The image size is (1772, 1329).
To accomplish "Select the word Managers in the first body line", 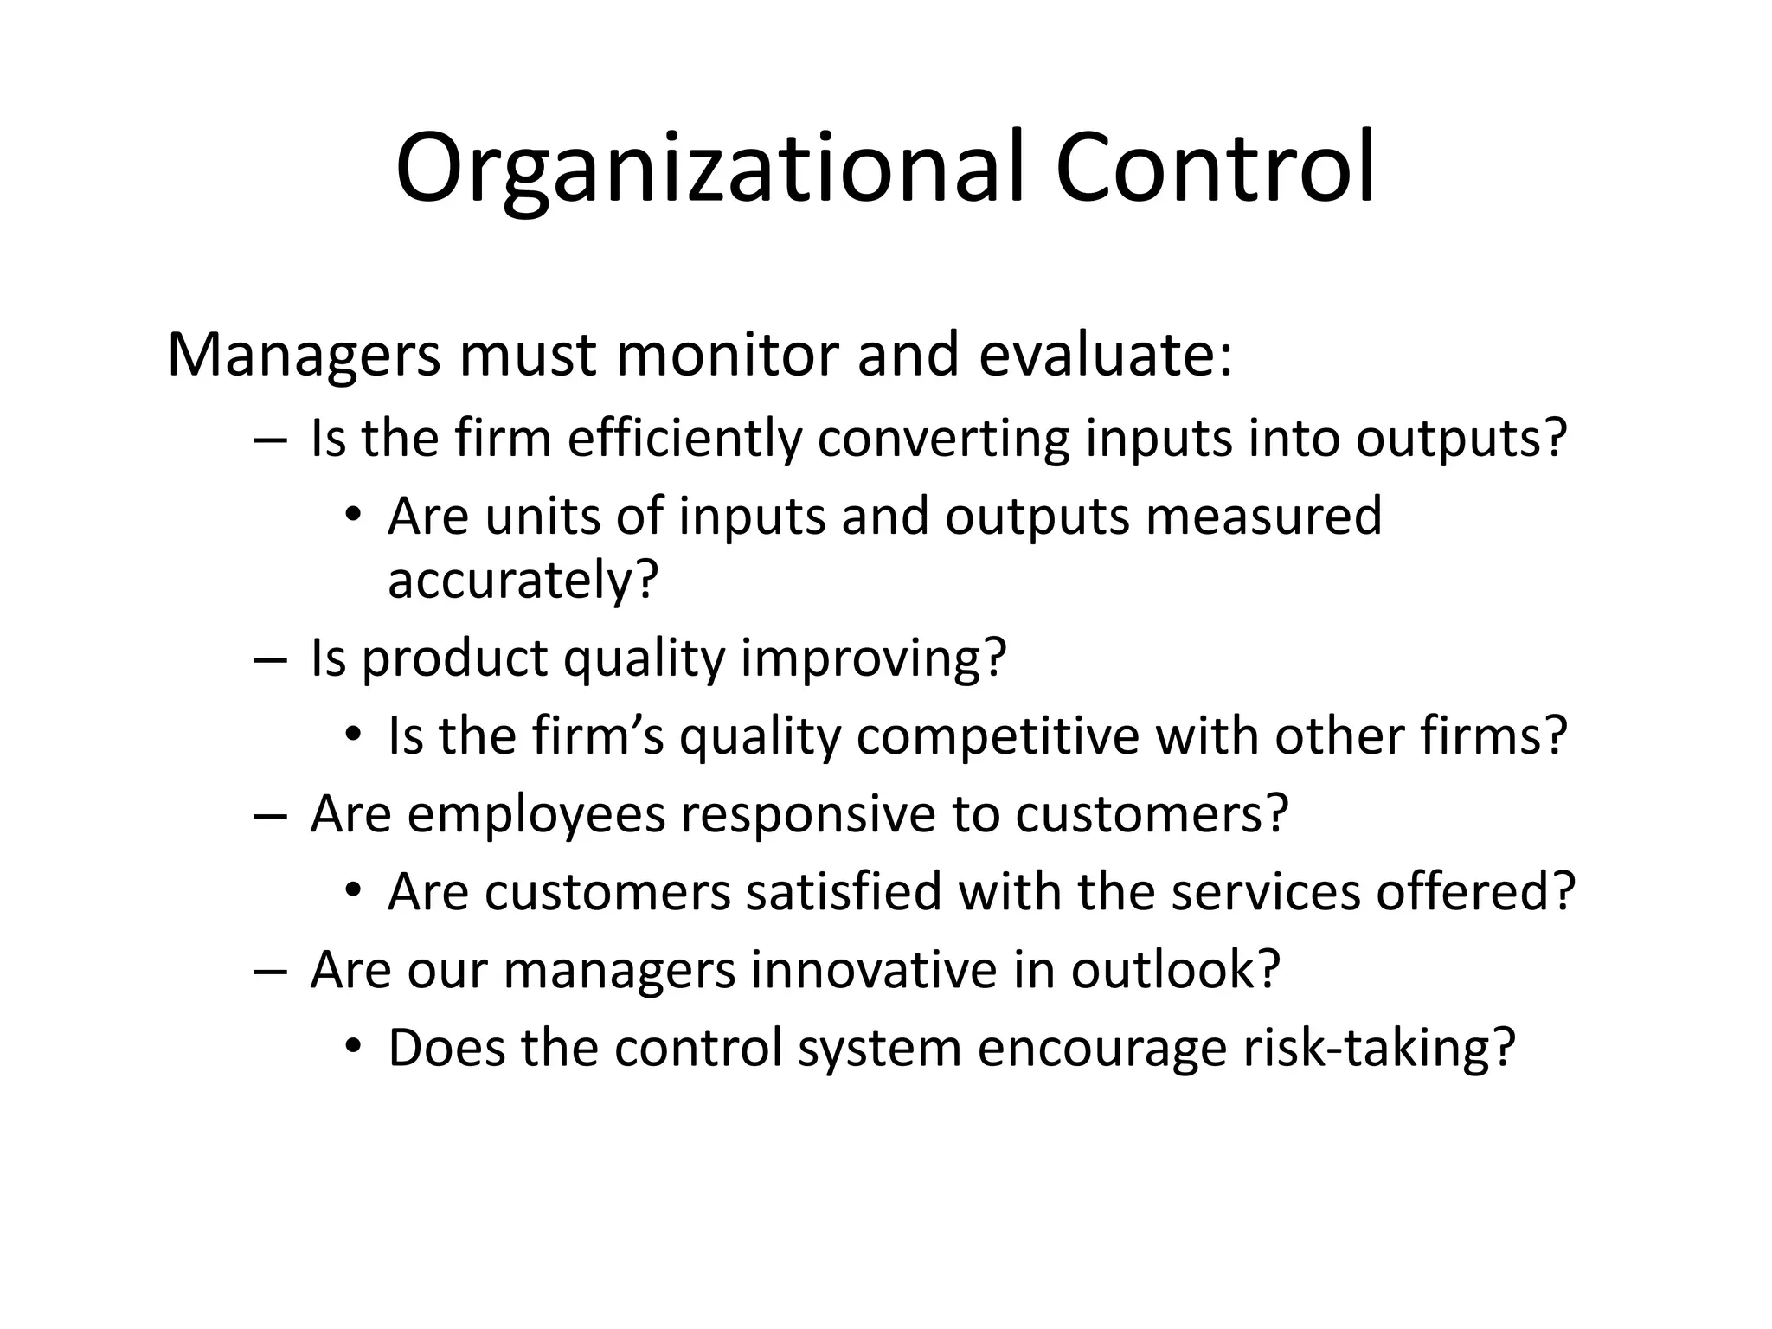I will point(304,356).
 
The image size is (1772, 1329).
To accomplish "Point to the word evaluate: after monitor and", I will point(1105,356).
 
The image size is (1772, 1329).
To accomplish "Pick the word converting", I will point(943,439).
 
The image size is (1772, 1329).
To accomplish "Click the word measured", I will point(1263,517).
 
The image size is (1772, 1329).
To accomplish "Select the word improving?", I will point(874,658).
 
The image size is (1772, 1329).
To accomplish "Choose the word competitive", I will point(998,736).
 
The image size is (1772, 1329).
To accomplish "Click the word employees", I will point(536,814).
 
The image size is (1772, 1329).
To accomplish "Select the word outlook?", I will point(1175,970).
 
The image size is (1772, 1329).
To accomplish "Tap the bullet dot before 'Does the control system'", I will point(352,1048).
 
